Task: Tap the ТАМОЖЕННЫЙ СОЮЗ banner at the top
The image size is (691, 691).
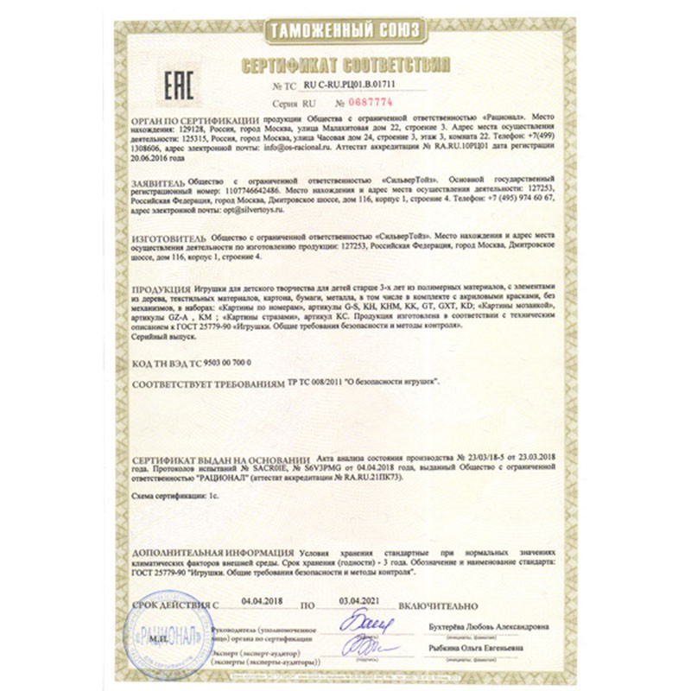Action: coord(345,31)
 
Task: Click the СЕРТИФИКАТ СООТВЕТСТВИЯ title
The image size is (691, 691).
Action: coord(345,66)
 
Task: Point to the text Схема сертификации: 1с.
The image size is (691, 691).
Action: coord(172,498)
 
